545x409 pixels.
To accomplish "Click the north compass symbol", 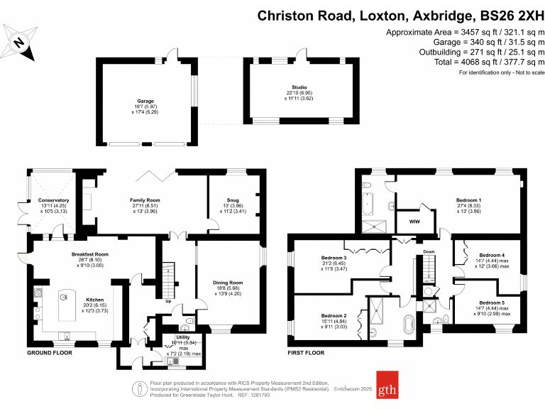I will coord(21,41).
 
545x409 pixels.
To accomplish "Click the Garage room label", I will coord(145,102).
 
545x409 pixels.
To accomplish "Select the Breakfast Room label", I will coord(89,253).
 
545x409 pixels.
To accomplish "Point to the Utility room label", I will coord(183,337).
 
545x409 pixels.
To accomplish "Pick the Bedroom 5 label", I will coord(492,302).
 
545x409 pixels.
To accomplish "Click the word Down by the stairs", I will coord(429,251).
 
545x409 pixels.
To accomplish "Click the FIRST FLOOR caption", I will coord(307,353).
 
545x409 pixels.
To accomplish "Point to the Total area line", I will coord(465,61).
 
